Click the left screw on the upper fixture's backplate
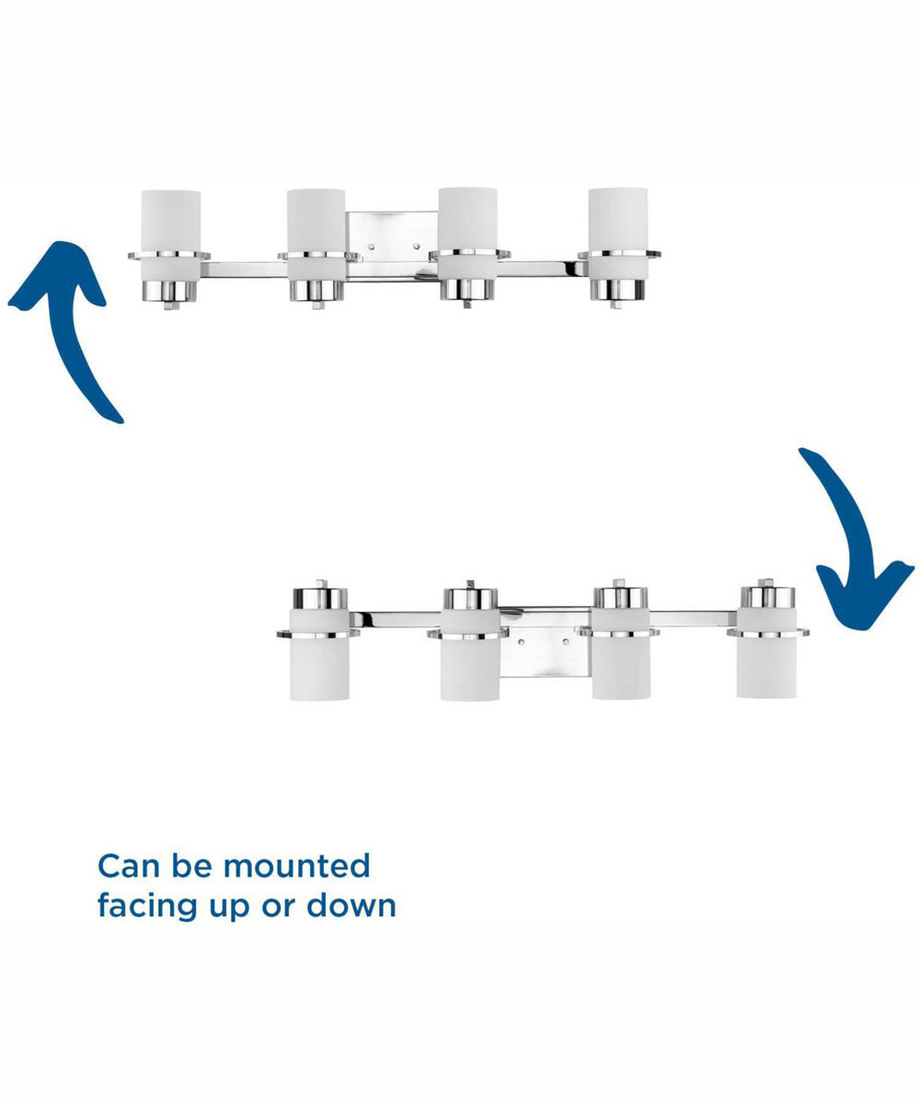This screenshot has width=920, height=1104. click(372, 247)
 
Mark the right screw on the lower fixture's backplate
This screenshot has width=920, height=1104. click(566, 642)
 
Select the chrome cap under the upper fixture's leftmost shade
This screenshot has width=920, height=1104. click(169, 292)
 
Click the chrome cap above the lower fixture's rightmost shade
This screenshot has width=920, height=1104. click(767, 596)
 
